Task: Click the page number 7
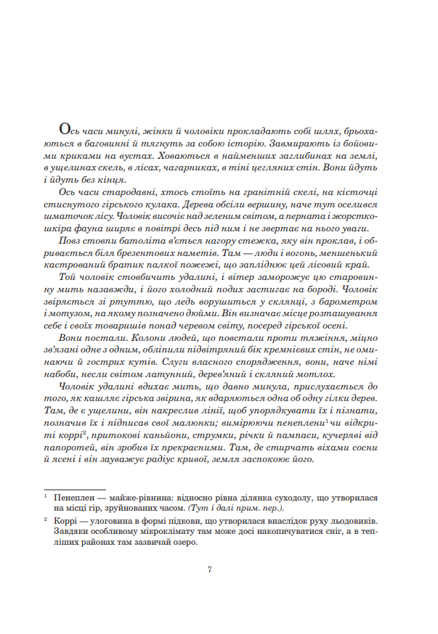point(210,569)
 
